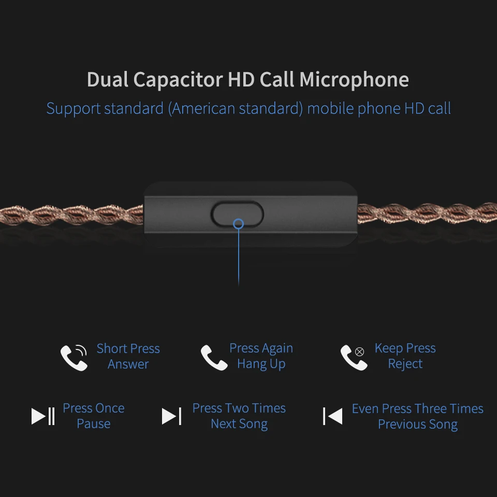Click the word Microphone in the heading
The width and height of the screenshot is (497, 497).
coord(354,80)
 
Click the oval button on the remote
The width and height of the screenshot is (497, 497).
coord(237,214)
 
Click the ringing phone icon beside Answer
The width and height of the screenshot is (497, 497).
coord(74,357)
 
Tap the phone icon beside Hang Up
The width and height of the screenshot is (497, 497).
coord(214,358)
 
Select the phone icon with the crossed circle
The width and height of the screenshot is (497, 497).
coord(354,358)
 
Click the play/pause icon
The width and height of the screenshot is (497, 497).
coord(43,416)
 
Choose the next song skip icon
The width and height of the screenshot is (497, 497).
coord(171,416)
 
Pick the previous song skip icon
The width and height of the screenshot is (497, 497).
coord(332,416)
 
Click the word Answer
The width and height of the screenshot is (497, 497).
coord(128,364)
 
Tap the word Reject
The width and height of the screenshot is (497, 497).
coord(405,364)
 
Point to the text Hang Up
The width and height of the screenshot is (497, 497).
coord(261,364)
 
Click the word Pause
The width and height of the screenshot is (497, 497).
coord(94,424)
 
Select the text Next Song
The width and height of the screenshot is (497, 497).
coord(239,424)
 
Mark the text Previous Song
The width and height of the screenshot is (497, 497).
coord(418,425)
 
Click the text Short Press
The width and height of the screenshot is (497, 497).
coord(128,348)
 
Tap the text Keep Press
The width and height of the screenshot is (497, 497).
coord(405,348)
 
